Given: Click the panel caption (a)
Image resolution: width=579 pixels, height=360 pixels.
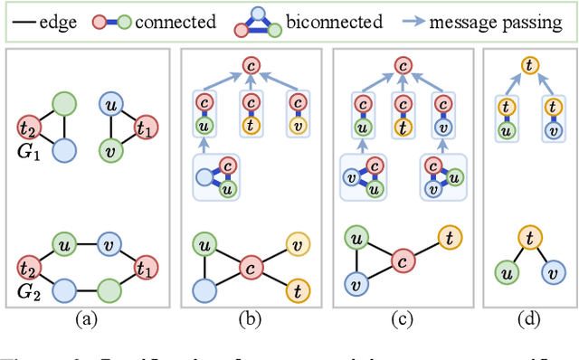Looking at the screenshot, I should click(x=87, y=317).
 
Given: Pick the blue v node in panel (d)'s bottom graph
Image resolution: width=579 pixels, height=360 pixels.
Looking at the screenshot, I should click(x=548, y=272).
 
